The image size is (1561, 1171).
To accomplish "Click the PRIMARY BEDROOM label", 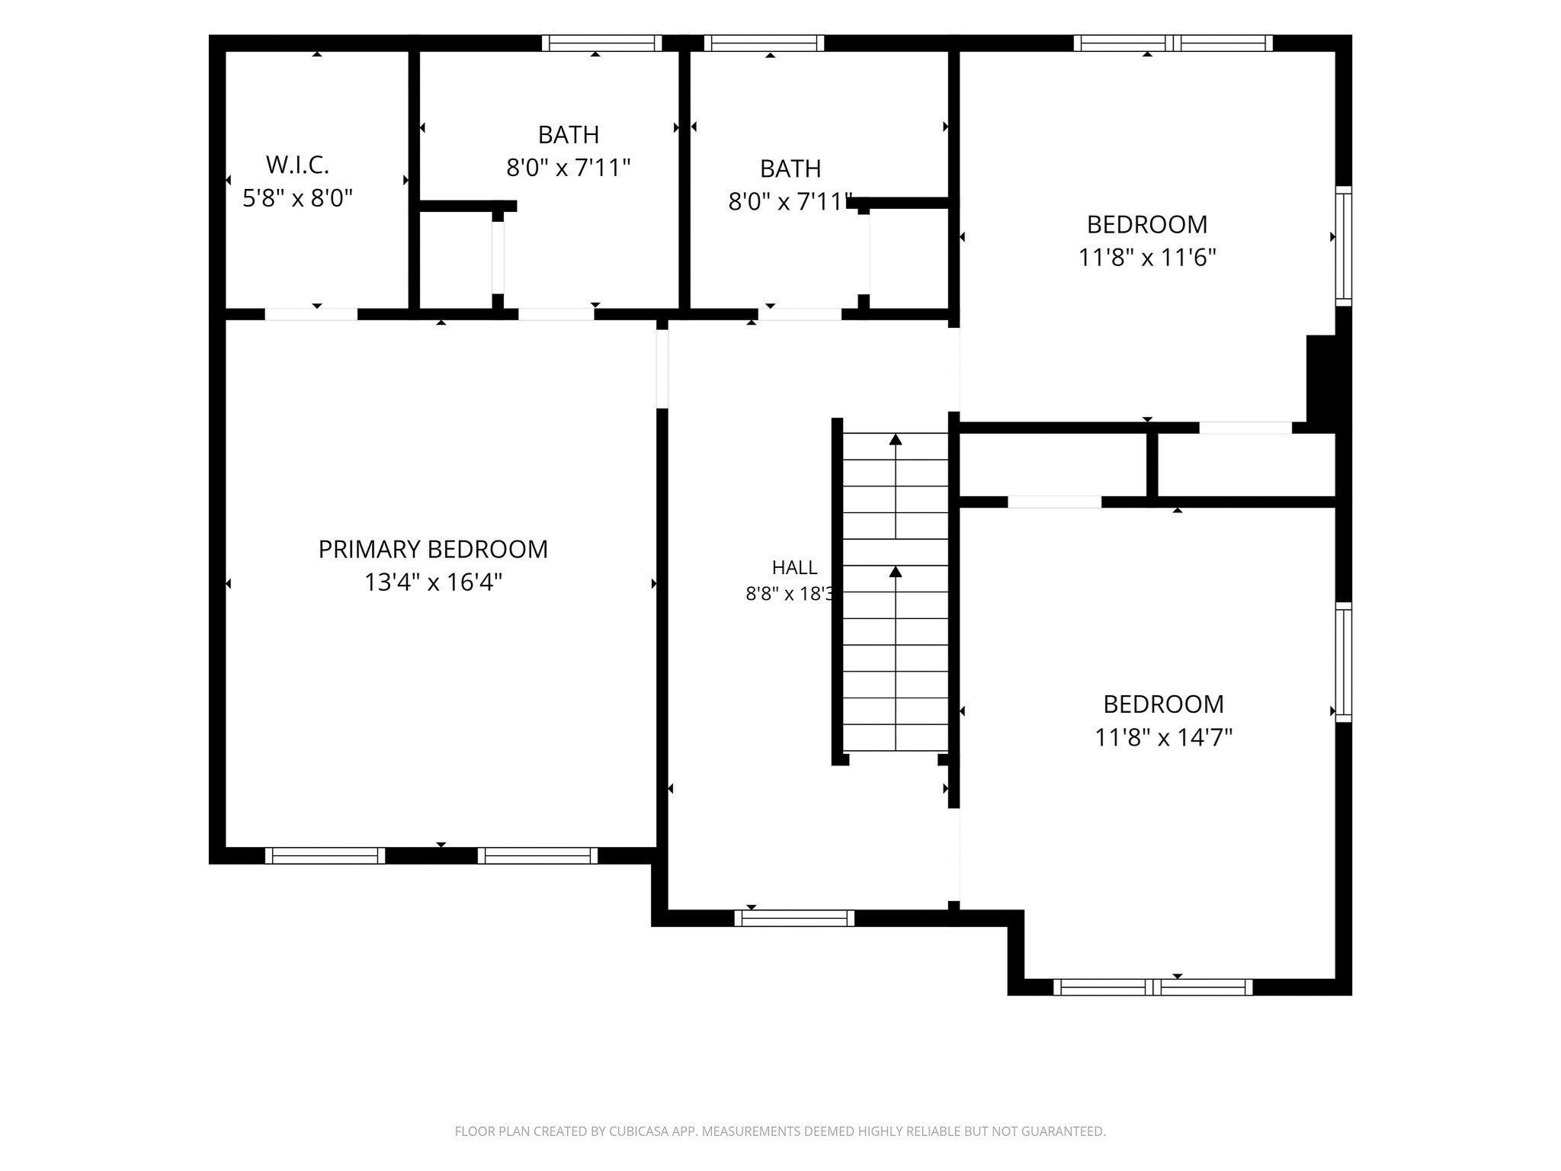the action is click(433, 549).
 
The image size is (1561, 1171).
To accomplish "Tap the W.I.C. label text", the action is click(297, 164).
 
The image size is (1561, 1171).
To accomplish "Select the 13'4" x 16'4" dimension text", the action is click(433, 582).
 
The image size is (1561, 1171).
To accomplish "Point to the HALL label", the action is click(794, 567).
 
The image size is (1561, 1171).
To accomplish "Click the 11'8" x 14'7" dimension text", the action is click(1163, 737).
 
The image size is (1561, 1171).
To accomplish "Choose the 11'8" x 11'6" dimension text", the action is click(1146, 258).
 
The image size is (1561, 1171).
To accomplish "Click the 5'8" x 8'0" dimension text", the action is click(297, 198).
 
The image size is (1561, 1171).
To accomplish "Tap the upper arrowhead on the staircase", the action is click(896, 439).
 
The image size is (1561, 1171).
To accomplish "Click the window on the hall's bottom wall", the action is click(794, 918).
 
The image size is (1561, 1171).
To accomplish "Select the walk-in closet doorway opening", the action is click(311, 314).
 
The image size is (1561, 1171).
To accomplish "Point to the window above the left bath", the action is click(601, 43).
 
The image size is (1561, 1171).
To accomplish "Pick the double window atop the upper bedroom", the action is click(1173, 43).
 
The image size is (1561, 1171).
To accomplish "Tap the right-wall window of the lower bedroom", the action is click(1343, 662).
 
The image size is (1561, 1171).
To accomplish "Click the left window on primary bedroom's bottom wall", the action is click(325, 855).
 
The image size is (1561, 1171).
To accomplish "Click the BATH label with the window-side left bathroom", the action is click(569, 135).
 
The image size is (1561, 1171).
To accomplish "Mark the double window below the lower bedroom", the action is click(1152, 987).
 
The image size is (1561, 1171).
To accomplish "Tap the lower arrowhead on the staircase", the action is click(896, 571).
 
